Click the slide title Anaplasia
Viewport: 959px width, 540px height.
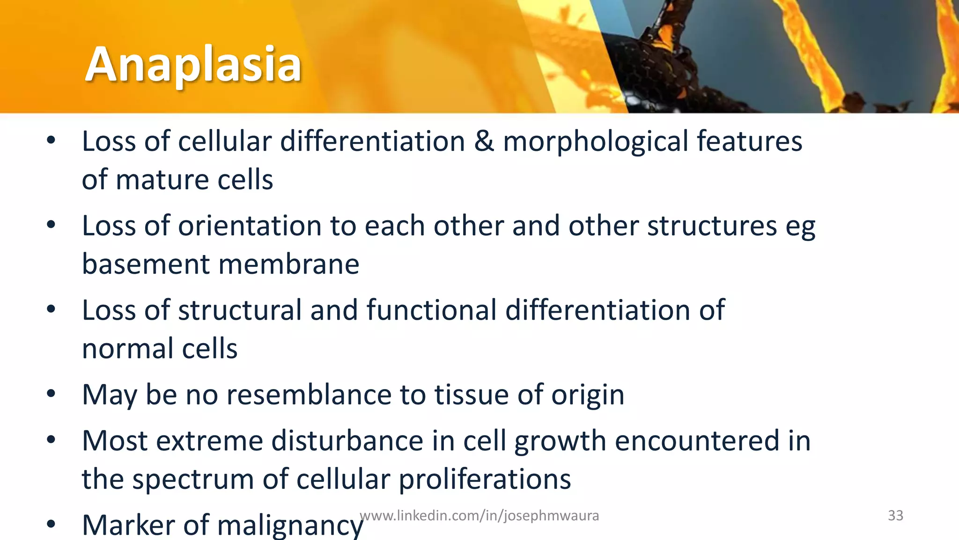[193, 64]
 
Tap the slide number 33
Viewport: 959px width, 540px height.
[895, 515]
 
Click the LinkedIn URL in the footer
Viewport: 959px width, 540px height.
[479, 515]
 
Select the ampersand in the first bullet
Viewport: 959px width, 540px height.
[484, 141]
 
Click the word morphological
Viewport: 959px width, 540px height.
[595, 142]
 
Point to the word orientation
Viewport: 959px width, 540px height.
[249, 225]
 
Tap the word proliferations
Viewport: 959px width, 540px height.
[485, 479]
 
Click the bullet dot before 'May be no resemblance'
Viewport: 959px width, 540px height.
[51, 393]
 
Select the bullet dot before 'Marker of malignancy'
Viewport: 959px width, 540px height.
[51, 524]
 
